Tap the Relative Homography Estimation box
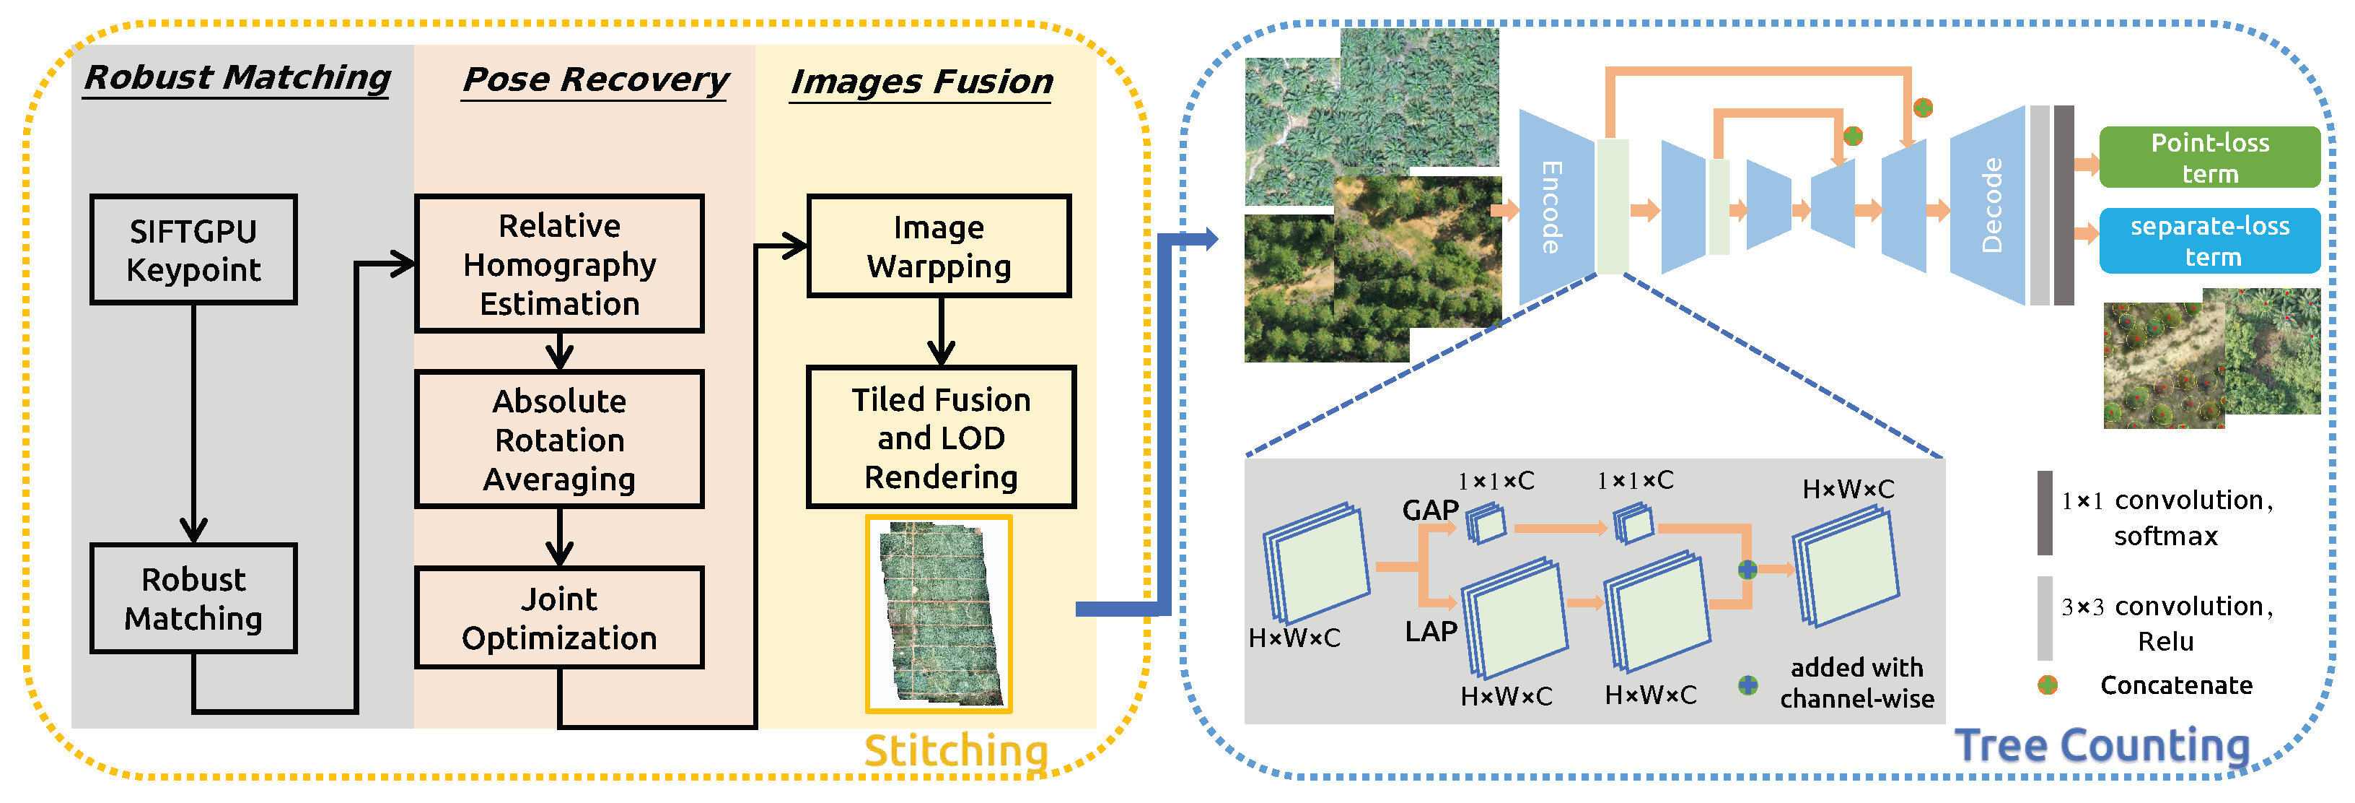coord(558,264)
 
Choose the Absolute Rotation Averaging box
coord(558,439)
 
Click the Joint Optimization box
coord(558,617)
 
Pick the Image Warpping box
coord(938,246)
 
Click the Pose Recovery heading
coord(595,79)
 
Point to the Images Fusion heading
coord(921,82)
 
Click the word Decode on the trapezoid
coord(1991,206)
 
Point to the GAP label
coord(1430,509)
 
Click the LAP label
coord(1431,631)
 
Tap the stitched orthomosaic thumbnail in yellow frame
coord(938,614)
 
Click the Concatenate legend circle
coord(2047,685)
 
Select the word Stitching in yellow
coord(955,751)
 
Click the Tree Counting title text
coord(2102,745)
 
